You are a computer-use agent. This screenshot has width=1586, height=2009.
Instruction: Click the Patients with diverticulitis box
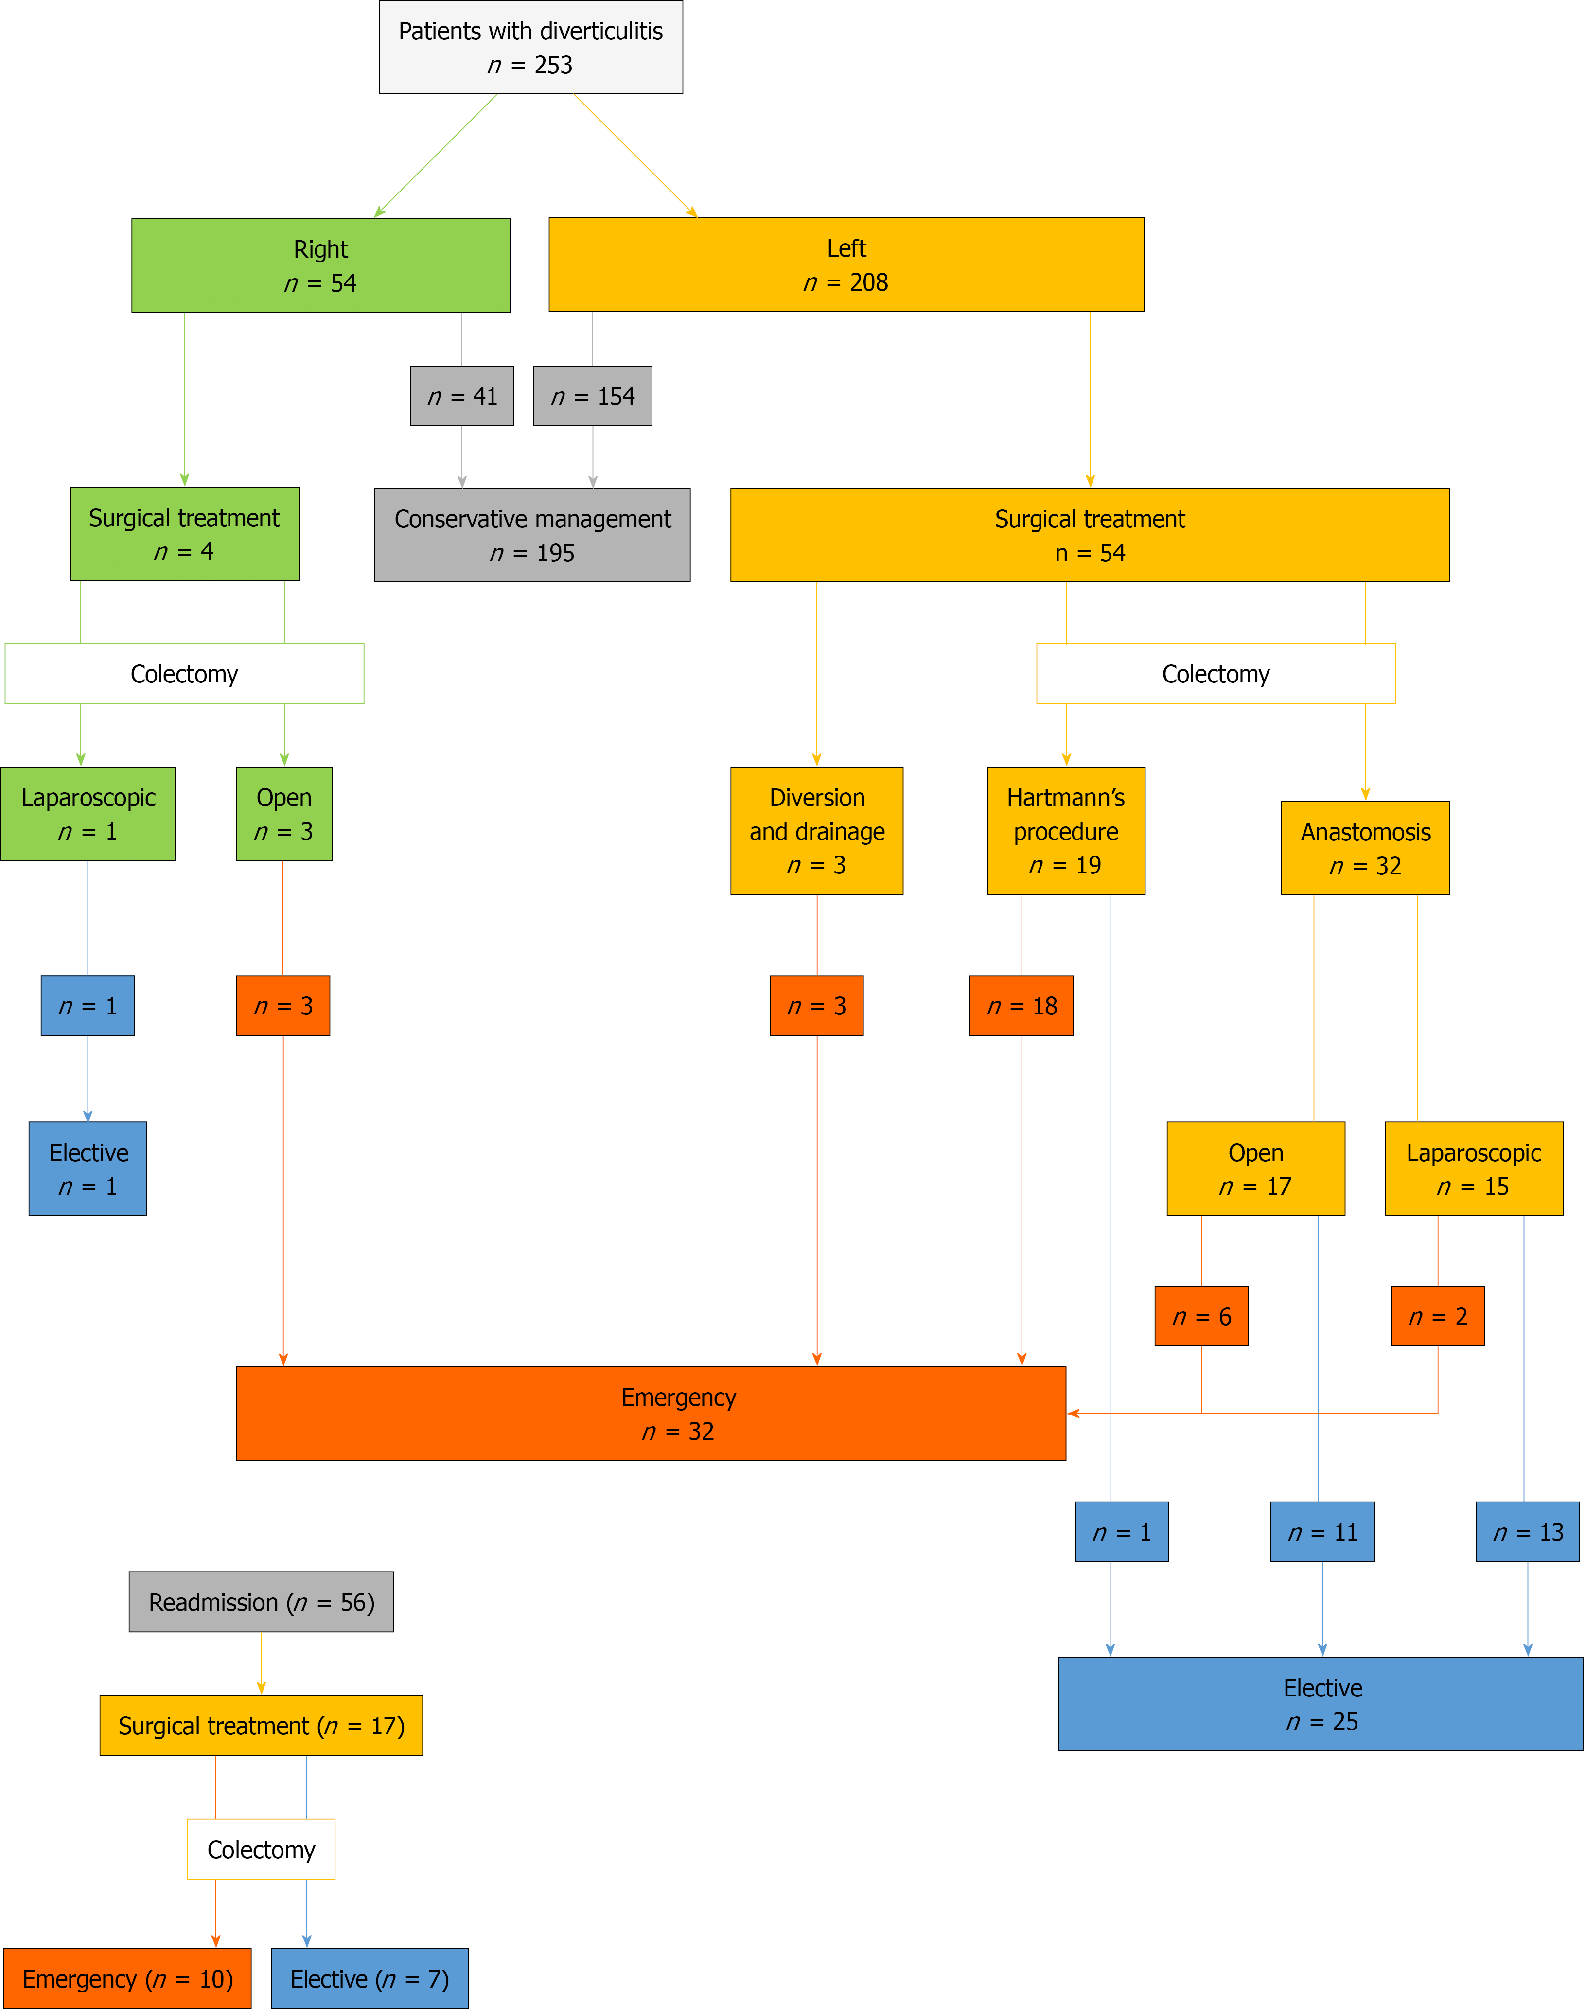[530, 47]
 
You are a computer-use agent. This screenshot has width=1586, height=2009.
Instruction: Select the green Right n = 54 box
[320, 265]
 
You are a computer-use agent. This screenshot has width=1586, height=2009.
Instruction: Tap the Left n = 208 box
[846, 264]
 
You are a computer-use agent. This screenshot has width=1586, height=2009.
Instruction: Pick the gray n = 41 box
[461, 397]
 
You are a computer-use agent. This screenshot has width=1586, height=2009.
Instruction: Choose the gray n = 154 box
[592, 397]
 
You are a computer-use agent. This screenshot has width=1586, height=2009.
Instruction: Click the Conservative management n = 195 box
[532, 536]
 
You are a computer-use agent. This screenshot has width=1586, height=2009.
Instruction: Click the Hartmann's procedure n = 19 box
[1066, 831]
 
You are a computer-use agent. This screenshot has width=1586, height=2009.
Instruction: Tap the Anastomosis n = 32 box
[1365, 849]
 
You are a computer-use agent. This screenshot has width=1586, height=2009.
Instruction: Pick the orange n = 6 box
[1201, 1316]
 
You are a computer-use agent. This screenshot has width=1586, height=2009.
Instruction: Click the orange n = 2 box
[1437, 1316]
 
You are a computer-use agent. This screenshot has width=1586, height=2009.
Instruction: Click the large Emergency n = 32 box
[651, 1414]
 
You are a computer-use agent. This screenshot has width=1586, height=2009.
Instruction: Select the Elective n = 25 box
[1321, 1705]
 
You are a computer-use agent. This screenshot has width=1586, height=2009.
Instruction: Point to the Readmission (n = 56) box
[261, 1602]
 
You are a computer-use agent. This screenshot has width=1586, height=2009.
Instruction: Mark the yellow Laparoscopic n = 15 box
[1474, 1169]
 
